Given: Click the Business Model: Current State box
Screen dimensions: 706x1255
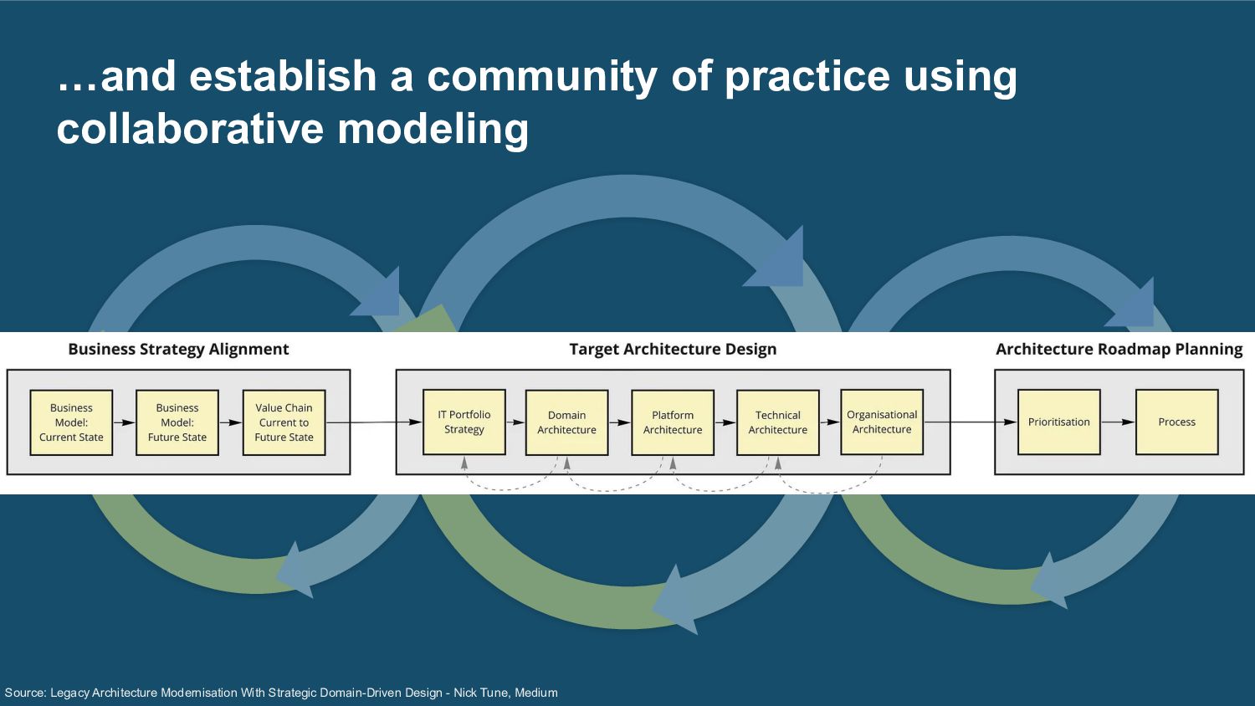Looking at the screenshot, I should [x=71, y=422].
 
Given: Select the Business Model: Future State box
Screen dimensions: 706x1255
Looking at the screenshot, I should [x=177, y=422].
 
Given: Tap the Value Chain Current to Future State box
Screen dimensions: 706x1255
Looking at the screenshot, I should [x=284, y=422].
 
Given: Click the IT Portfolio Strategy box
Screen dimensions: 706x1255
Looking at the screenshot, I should [x=464, y=422].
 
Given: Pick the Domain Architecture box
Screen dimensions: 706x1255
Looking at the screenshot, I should [x=566, y=422].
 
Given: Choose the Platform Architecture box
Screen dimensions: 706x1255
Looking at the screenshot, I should [x=673, y=422].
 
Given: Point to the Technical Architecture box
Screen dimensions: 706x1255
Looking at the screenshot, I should [x=778, y=422].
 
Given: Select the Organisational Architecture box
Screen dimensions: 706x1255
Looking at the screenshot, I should [x=882, y=422].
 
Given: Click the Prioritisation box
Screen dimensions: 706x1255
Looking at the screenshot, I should [x=1059, y=422].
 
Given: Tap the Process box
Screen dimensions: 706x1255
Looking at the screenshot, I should [x=1176, y=422].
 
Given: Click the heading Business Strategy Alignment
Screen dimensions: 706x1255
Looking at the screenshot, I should [x=178, y=350].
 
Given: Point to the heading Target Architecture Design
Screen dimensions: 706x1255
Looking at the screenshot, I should [x=673, y=350].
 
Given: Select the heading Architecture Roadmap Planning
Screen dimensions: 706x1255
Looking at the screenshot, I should [x=1119, y=350].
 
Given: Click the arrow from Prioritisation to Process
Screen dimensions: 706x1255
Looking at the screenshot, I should [x=1118, y=422].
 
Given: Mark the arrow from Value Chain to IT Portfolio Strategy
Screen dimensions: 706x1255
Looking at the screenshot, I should [x=374, y=422].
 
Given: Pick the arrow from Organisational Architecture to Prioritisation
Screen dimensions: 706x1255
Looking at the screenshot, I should [x=971, y=422].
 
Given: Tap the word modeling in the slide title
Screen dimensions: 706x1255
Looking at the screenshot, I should [x=433, y=129].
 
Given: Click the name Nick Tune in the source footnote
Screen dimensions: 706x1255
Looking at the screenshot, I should [x=480, y=693].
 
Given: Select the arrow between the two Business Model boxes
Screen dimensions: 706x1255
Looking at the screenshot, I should [x=124, y=422].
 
